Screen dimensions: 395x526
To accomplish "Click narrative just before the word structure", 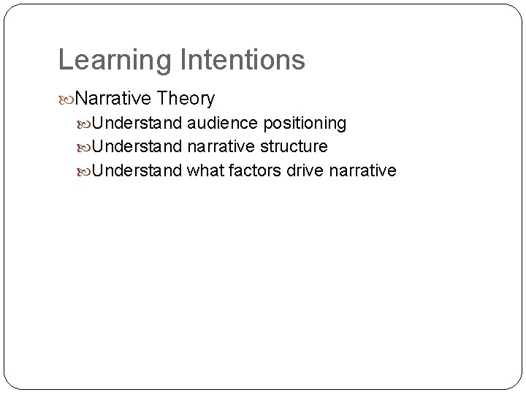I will tap(220, 146).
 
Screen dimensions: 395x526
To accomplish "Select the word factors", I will tap(252, 170).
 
